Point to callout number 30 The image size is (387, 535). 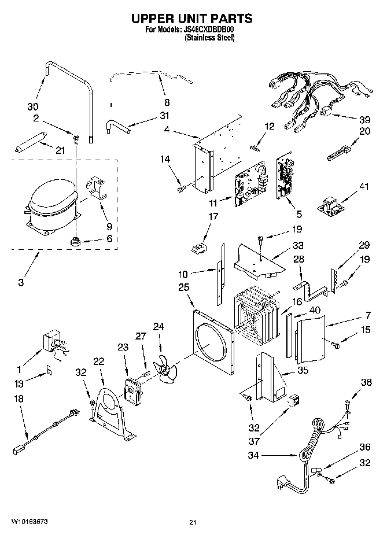(x=34, y=106)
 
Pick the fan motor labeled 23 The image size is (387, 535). (x=134, y=389)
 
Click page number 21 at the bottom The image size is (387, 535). (x=193, y=523)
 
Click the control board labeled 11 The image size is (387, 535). (x=248, y=186)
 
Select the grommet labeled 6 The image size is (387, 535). (x=75, y=241)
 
